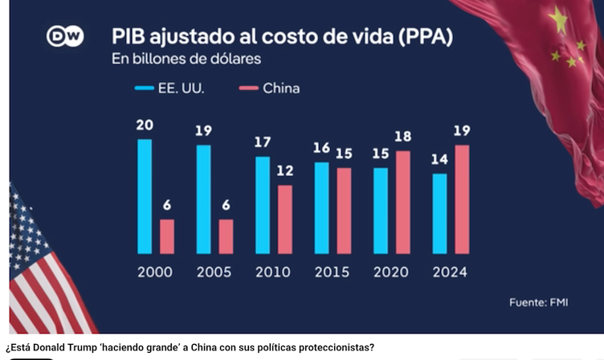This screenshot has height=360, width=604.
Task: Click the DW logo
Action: tap(65, 37)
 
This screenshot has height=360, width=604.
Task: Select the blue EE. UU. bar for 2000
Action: tap(145, 196)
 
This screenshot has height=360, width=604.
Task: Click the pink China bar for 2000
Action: tap(166, 235)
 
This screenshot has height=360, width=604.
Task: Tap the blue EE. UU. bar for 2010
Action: tap(263, 205)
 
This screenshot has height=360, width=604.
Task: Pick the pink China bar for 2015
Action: tap(343, 211)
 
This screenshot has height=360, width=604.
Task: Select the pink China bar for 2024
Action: tap(462, 199)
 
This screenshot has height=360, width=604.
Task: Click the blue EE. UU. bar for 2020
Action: tap(381, 211)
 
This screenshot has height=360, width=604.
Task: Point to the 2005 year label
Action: tap(214, 272)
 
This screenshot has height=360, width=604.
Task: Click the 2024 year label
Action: tap(450, 272)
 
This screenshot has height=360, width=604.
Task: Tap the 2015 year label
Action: tap(332, 272)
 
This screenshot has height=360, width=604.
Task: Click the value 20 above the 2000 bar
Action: tap(145, 125)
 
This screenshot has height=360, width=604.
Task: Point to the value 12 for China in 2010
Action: tap(284, 171)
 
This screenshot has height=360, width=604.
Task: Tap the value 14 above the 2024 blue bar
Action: tap(439, 159)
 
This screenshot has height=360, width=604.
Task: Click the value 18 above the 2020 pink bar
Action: tap(402, 137)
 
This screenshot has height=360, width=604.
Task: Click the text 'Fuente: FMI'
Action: tap(539, 302)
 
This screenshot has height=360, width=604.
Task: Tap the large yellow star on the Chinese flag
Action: tap(557, 19)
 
